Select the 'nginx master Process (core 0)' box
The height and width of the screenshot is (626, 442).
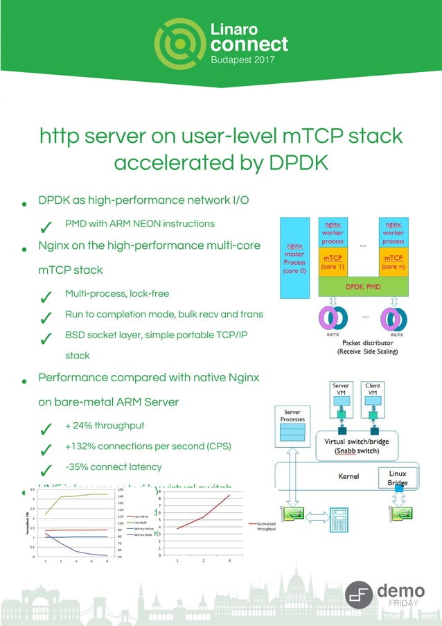pos(294,258)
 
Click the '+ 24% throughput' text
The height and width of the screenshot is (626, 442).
pos(105,425)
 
